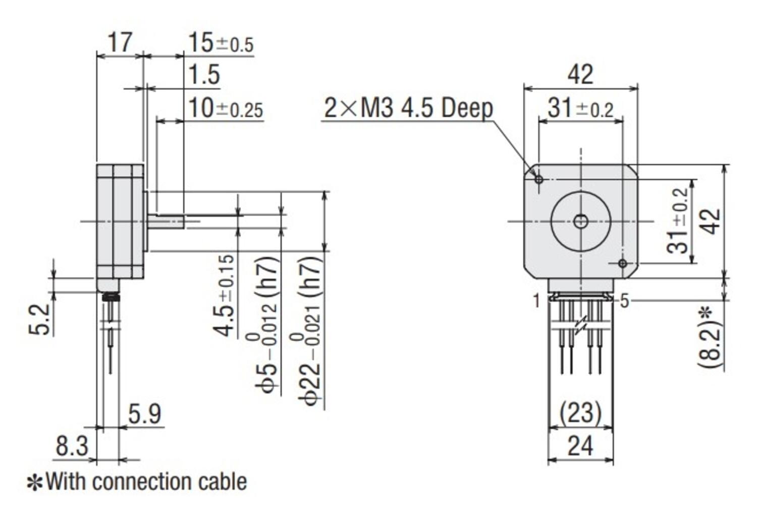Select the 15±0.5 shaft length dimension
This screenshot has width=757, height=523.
[x=220, y=43]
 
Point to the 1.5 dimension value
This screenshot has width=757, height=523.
[x=204, y=75]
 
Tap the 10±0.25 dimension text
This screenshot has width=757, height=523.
[x=225, y=109]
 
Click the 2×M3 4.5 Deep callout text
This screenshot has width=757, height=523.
[x=408, y=108]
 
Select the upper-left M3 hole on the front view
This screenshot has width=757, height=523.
[x=539, y=179]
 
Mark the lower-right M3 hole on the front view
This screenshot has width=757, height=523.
[x=622, y=263]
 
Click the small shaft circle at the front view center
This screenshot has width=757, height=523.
[x=581, y=221]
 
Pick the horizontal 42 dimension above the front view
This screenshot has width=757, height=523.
[x=580, y=75]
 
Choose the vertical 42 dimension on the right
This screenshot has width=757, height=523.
[x=712, y=221]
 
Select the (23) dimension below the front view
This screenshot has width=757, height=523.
[x=580, y=413]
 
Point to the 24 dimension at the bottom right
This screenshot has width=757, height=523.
[x=580, y=446]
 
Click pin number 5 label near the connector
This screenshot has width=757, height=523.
[x=625, y=301]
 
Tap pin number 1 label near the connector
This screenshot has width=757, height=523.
[x=536, y=301]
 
